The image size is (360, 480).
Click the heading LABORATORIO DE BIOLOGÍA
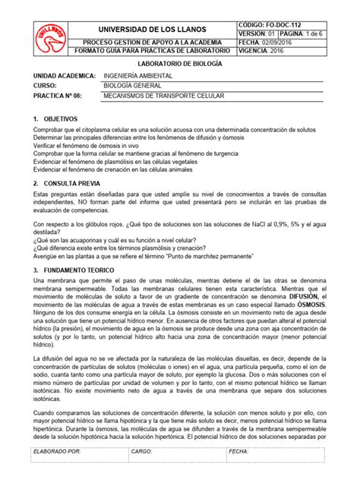click(180, 67)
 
